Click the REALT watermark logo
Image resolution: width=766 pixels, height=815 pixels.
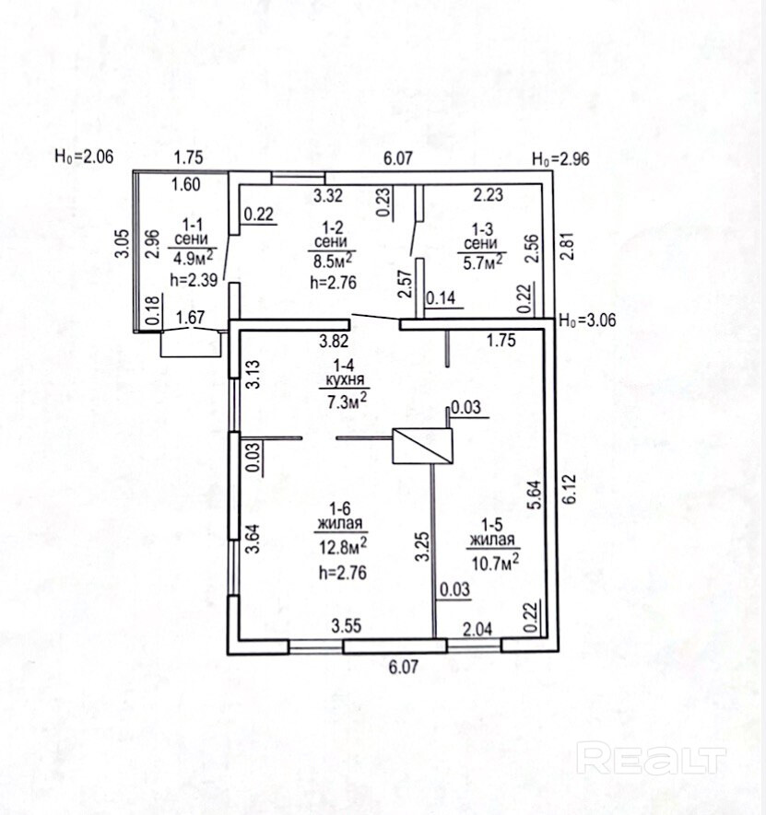click(652, 760)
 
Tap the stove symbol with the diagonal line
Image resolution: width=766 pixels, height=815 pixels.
click(422, 446)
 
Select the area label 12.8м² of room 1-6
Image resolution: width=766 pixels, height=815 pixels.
click(343, 547)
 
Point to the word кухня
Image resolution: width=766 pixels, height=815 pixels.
click(345, 378)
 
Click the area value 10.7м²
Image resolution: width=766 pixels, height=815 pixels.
click(495, 562)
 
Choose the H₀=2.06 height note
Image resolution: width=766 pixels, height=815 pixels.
click(84, 156)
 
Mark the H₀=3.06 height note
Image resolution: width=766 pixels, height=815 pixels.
click(587, 320)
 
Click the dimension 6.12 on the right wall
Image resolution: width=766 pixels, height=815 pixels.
click(570, 488)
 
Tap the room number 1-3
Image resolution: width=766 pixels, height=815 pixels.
click(482, 228)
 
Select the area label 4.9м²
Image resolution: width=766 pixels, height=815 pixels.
click(193, 257)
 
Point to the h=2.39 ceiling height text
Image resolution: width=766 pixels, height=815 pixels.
click(194, 280)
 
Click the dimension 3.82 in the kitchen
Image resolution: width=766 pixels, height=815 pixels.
click(334, 341)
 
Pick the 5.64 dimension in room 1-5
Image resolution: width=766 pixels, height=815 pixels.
click(535, 495)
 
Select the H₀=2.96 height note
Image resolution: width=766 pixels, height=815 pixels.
click(560, 158)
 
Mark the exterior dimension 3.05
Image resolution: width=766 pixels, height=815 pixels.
click(122, 243)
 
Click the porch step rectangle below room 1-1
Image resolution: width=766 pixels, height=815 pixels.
click(191, 343)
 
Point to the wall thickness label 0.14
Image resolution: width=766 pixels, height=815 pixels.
click(441, 297)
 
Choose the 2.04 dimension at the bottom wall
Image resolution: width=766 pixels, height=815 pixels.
click(477, 629)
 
